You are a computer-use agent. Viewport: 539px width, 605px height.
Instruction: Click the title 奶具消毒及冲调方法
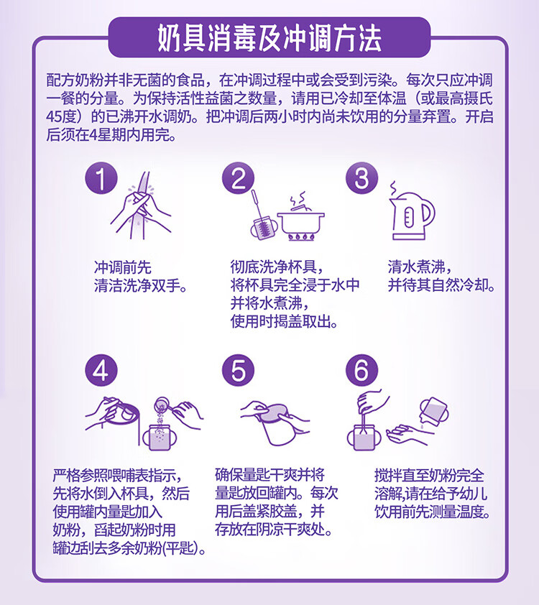pyautogui.click(x=269, y=38)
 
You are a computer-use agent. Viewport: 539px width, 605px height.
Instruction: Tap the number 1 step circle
pyautogui.click(x=101, y=178)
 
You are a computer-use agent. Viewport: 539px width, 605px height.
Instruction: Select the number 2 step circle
pyautogui.click(x=238, y=178)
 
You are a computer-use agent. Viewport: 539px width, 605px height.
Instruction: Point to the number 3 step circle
pyautogui.click(x=362, y=178)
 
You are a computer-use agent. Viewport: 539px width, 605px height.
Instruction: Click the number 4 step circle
pyautogui.click(x=101, y=371)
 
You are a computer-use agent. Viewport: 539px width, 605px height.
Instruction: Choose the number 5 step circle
pyautogui.click(x=238, y=371)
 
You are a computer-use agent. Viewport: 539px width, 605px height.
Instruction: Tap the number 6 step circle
pyautogui.click(x=362, y=371)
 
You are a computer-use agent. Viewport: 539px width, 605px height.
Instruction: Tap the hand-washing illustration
pyautogui.click(x=141, y=205)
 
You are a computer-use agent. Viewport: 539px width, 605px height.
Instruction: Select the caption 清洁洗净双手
pyautogui.click(x=140, y=286)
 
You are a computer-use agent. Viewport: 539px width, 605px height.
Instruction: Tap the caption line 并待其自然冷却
pyautogui.click(x=441, y=285)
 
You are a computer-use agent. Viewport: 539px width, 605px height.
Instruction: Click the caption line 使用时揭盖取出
pyautogui.click(x=284, y=321)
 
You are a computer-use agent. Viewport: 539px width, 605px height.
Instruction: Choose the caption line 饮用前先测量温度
pyautogui.click(x=432, y=512)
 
